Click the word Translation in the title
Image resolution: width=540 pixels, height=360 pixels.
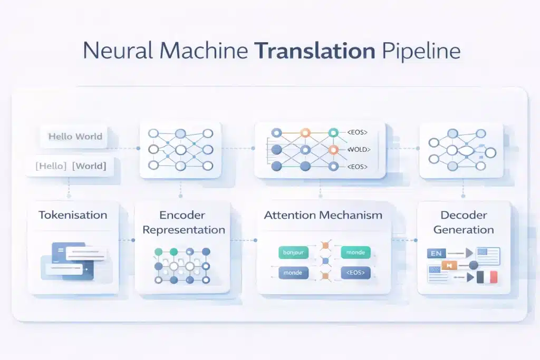314,51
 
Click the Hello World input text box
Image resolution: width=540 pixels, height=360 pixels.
75,137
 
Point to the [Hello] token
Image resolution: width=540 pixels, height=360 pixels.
51,166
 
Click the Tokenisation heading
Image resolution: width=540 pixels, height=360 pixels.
73,215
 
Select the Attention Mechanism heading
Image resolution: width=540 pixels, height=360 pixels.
323,215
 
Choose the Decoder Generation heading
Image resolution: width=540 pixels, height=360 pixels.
464,222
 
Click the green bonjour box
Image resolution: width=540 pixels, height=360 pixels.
294,252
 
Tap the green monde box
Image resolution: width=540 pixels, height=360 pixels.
355,252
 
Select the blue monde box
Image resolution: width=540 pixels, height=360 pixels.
294,273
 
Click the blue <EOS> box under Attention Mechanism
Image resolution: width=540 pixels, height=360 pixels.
355,273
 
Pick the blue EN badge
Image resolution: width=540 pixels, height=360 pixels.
437,254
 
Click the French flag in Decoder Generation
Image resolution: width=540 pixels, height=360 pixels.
487,277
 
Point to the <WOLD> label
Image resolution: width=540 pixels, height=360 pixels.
358,150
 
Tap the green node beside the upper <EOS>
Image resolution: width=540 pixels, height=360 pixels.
333,133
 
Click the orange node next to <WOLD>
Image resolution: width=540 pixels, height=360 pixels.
333,150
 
